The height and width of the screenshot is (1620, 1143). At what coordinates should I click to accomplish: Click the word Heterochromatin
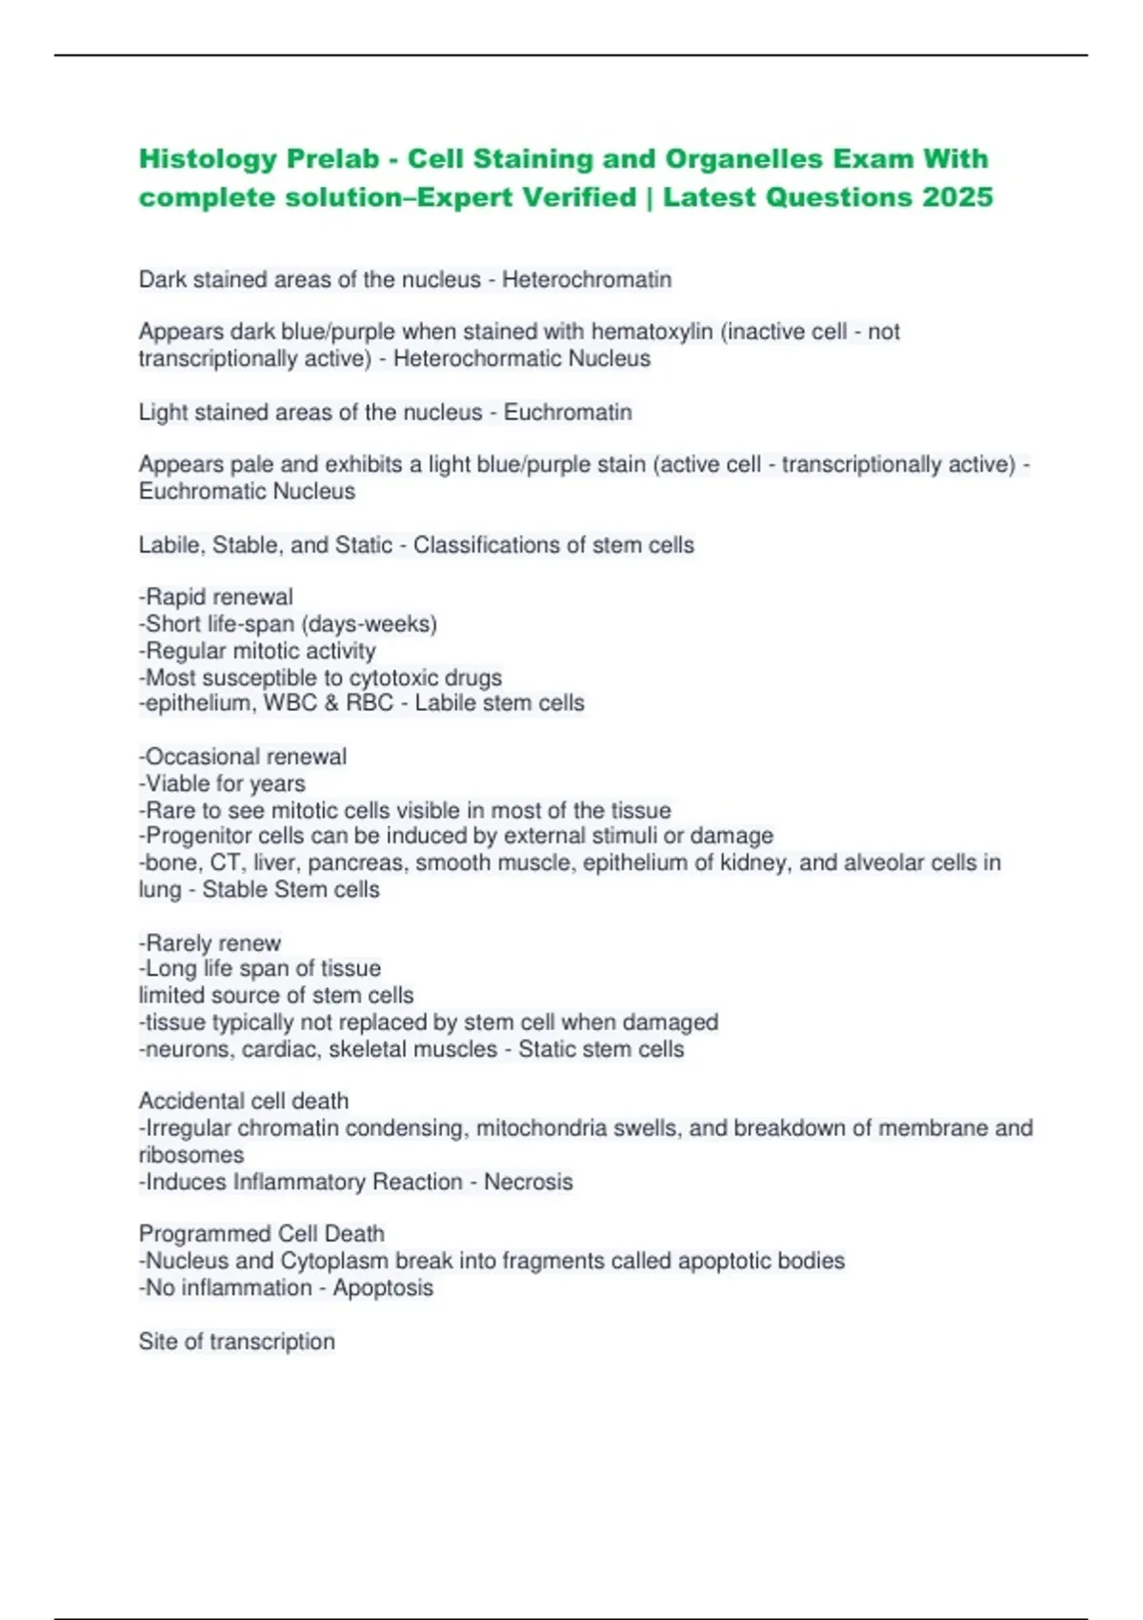click(587, 279)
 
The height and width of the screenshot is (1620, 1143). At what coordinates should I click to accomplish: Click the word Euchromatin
click(568, 412)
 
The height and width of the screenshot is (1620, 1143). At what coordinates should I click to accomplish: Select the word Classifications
click(498, 545)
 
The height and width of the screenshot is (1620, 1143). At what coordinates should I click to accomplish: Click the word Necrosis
click(528, 1182)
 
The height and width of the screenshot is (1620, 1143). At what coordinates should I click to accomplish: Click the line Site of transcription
click(236, 1342)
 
